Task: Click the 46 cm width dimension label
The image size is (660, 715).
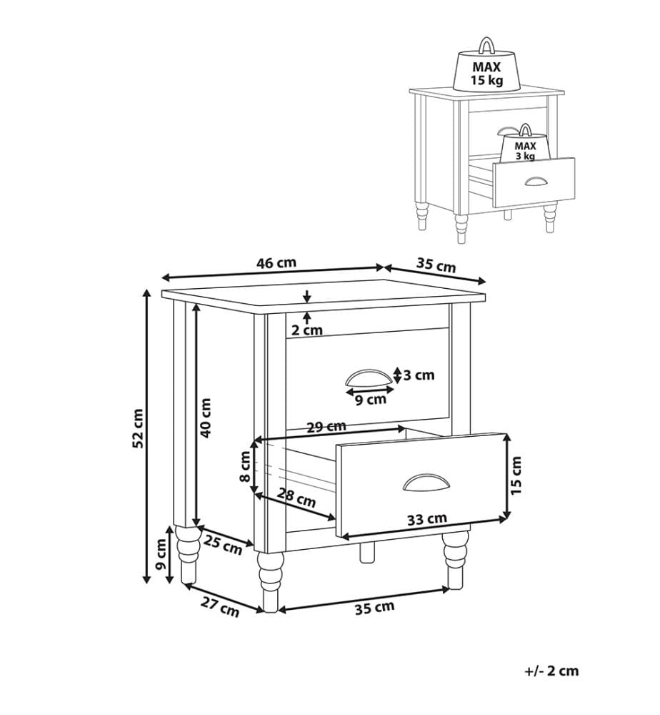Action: (x=276, y=264)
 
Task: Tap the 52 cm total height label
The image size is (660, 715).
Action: (x=138, y=428)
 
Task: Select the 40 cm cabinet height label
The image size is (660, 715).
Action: (x=206, y=418)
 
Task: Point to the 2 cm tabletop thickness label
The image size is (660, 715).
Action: (x=306, y=330)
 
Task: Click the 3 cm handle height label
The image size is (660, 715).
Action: (x=419, y=375)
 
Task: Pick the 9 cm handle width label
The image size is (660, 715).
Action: (x=370, y=400)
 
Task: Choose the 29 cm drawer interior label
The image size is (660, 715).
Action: (x=326, y=427)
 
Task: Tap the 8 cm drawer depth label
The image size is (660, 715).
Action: (x=245, y=466)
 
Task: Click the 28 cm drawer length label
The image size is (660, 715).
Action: (x=296, y=498)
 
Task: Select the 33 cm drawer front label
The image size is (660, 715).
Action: (x=426, y=519)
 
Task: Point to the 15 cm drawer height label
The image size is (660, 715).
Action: (x=516, y=476)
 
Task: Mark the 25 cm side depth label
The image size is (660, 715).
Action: (x=223, y=545)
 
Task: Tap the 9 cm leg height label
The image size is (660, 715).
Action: (x=160, y=555)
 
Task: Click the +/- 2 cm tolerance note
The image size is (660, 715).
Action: (x=551, y=671)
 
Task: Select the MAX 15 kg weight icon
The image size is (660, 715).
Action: (x=486, y=66)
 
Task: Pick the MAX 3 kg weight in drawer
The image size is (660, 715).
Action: (x=525, y=144)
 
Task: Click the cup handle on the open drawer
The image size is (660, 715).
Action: (x=426, y=483)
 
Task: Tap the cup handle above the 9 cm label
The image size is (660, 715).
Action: (x=369, y=378)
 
